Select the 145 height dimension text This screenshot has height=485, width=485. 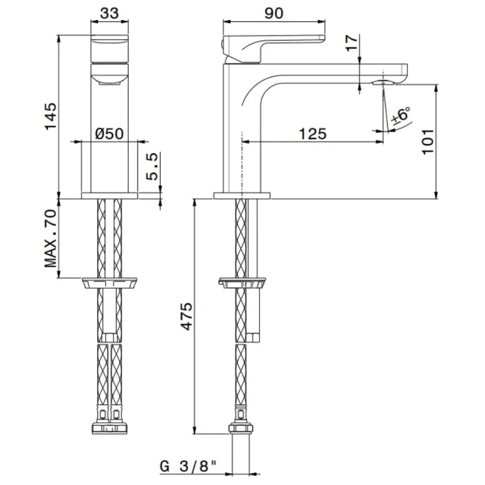51,116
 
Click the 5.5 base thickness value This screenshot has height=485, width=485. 152,167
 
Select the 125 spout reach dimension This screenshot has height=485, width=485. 312,134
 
